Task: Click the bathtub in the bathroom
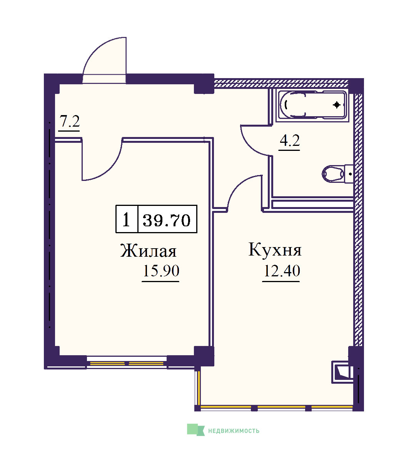pos(312,105)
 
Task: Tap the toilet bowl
pos(333,174)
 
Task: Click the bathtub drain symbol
pos(337,105)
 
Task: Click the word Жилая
pos(148,251)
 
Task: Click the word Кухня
pos(275,249)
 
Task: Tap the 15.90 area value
pos(161,271)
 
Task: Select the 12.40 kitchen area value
pos(282,271)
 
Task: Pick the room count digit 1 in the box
pos(126,220)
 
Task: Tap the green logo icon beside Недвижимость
pos(196,430)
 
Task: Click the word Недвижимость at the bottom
pos(234,431)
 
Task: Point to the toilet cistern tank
pos(349,174)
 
